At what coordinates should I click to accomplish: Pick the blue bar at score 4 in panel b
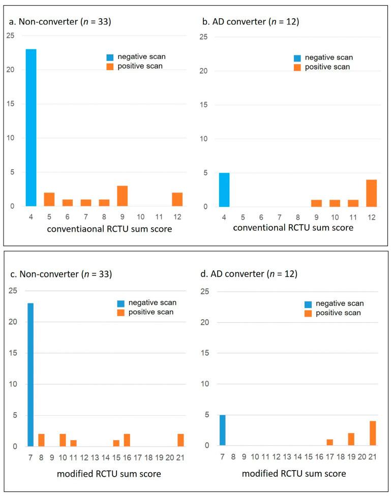pyautogui.click(x=224, y=190)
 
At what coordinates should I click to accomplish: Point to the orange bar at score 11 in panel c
pyautogui.click(x=73, y=443)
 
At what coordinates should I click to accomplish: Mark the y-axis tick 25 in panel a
pyautogui.click(x=11, y=36)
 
